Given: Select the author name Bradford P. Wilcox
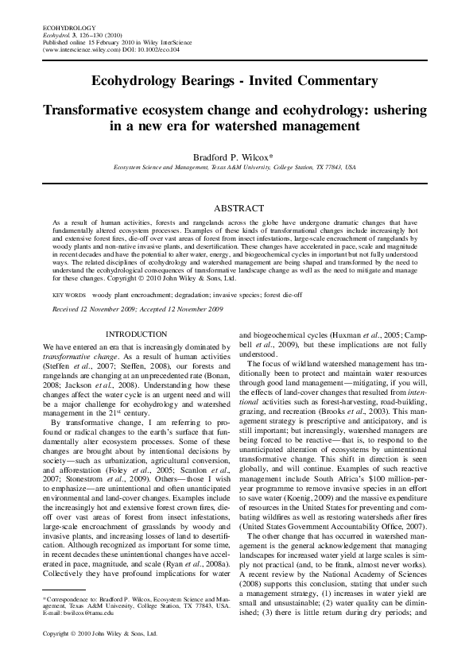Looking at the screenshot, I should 235,157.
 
